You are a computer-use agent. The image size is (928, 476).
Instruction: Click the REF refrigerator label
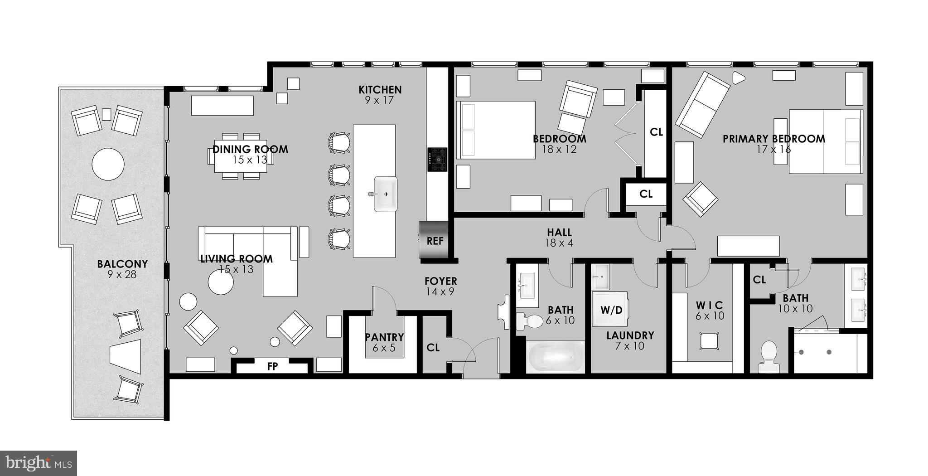click(x=435, y=241)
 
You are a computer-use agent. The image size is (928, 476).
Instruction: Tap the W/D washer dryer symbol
click(x=611, y=310)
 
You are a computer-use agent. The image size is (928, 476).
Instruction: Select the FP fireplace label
click(x=272, y=366)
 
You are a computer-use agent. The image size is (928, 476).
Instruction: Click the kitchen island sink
click(x=385, y=194)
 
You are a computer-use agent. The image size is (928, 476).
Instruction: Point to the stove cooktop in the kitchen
click(x=437, y=160)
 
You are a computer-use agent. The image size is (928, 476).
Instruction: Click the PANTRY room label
click(x=384, y=337)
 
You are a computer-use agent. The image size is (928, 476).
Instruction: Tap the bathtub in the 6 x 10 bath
click(x=556, y=358)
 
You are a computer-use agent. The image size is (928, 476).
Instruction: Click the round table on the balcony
click(x=108, y=164)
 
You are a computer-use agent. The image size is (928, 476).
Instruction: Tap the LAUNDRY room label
click(x=630, y=335)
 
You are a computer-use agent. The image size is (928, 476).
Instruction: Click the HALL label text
click(x=559, y=233)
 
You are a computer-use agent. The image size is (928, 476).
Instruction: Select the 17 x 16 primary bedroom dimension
click(x=773, y=149)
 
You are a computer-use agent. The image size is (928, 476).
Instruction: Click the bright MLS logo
click(x=39, y=463)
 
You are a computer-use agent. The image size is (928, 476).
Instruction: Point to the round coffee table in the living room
click(x=221, y=282)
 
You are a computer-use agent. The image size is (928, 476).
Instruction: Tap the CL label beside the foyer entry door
click(x=433, y=348)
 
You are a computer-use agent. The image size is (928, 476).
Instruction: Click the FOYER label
click(x=440, y=281)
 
